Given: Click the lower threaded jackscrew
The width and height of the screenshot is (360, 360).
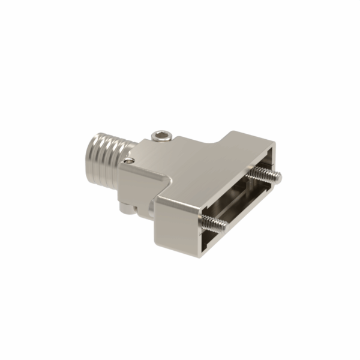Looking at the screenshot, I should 214,223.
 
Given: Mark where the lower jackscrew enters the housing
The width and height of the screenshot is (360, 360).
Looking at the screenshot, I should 204,219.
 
